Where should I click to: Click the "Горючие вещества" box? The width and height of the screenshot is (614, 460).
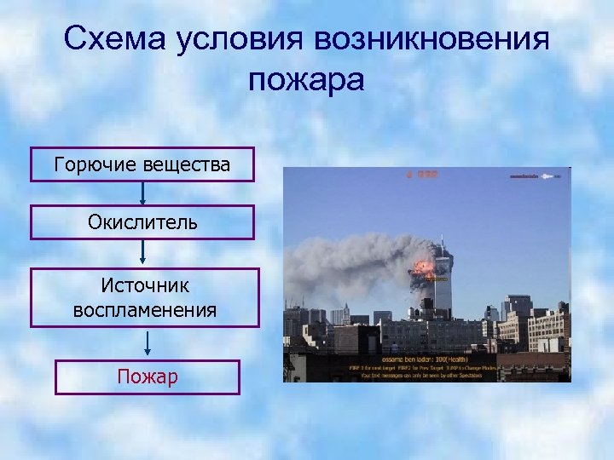142,164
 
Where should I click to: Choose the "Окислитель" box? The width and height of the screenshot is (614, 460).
142,222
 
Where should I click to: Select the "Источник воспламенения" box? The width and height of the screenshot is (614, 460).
144,297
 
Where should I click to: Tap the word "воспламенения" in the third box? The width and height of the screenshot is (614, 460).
144,310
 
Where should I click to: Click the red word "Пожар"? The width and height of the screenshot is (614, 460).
148,377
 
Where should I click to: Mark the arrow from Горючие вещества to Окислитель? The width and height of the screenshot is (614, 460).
142,193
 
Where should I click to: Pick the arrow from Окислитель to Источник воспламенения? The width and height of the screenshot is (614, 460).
142,252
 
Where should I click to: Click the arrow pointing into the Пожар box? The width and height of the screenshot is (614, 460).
148,342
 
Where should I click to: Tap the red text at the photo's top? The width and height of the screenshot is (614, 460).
421,174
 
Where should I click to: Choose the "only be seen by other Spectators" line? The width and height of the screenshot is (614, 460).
426,375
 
